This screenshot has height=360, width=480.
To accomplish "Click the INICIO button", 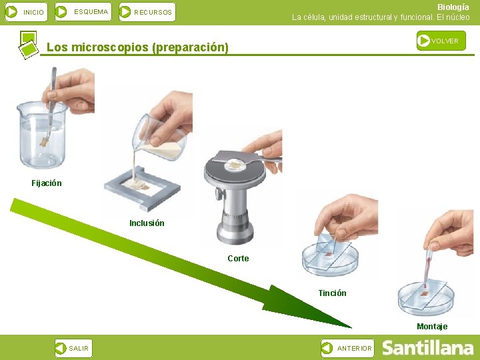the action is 26,12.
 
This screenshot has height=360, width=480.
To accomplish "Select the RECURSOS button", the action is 147,12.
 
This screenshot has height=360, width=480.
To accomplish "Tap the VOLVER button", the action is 441,41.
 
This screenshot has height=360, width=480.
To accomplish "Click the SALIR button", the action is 73,348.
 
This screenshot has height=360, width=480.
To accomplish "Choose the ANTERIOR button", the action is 347,348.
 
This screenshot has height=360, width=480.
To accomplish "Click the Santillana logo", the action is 427,348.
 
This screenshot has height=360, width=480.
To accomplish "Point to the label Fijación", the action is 47,183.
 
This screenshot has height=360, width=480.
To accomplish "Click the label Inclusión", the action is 147,223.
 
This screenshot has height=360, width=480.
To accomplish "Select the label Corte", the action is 238,259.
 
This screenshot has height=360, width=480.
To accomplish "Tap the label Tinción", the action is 333,293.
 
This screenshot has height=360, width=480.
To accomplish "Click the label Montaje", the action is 432,326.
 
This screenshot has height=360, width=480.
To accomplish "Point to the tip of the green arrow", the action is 351,328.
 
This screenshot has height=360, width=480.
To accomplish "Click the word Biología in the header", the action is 453,7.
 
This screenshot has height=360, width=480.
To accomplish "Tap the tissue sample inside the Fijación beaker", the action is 45,142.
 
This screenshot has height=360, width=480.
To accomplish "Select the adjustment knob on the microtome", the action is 219,194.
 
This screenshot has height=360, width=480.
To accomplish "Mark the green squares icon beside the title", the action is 29,45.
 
